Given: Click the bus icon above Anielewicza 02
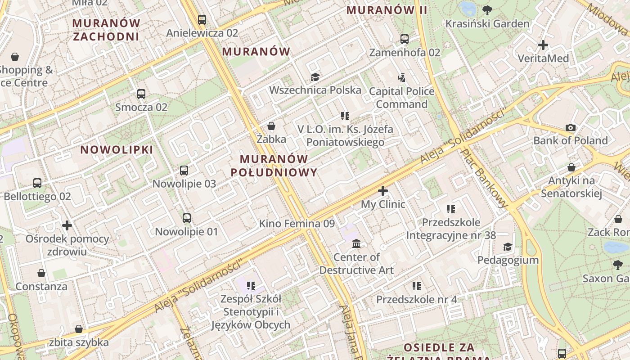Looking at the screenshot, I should click(202, 20).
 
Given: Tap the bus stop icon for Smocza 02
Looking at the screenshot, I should click(141, 94).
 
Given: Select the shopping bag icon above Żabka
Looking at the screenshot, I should click(271, 126).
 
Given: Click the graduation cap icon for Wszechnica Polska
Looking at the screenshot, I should click(315, 77).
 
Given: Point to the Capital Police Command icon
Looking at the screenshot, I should click(402, 78).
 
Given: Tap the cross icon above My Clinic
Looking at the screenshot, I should click(383, 191).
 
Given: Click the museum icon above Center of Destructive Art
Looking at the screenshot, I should click(356, 244).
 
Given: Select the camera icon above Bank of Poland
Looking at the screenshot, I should click(571, 127).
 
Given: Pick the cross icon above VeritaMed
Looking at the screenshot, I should click(543, 45).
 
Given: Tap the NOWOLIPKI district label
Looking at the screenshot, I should click(117, 150).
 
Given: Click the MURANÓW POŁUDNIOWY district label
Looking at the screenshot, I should click(274, 166).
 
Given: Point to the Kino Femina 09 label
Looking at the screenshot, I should click(297, 224).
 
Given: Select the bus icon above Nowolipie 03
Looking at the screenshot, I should click(184, 171).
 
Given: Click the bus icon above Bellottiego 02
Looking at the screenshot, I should click(37, 183).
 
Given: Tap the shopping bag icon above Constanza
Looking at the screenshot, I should click(41, 273).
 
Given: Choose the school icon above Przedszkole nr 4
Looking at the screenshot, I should click(417, 286).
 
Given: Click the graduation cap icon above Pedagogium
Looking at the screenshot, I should click(508, 247).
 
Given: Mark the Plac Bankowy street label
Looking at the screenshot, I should click(484, 179).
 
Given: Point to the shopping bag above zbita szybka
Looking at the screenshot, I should click(79, 329).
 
